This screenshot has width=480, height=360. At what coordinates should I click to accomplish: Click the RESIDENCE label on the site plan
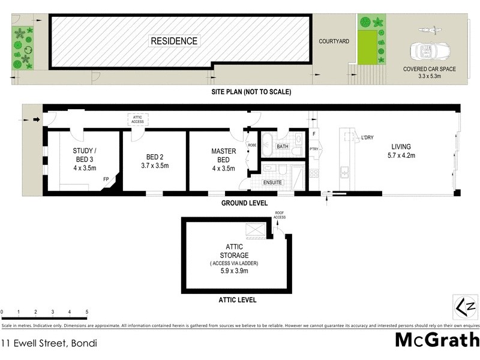pos(173,41)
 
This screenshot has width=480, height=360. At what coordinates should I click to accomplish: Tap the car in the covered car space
pos(428,49)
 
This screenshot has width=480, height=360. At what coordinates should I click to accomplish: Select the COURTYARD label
pos(334,41)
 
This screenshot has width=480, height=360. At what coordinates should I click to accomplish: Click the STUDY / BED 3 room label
pos(85,155)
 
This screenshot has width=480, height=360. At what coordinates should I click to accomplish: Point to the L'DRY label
pos(367,138)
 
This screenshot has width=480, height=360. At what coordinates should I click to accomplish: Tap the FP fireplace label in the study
pos(106,179)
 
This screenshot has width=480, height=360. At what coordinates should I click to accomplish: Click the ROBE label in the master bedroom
pos(252,145)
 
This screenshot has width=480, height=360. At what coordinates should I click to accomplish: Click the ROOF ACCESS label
pos(280,214)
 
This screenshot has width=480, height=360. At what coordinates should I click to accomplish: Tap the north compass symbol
pos(465,307)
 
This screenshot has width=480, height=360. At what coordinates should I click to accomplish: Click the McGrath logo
pos(436,340)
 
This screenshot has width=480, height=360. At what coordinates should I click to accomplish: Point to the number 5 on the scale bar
pos(87,312)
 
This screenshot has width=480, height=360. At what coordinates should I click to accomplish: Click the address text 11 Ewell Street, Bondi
pos(49,344)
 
